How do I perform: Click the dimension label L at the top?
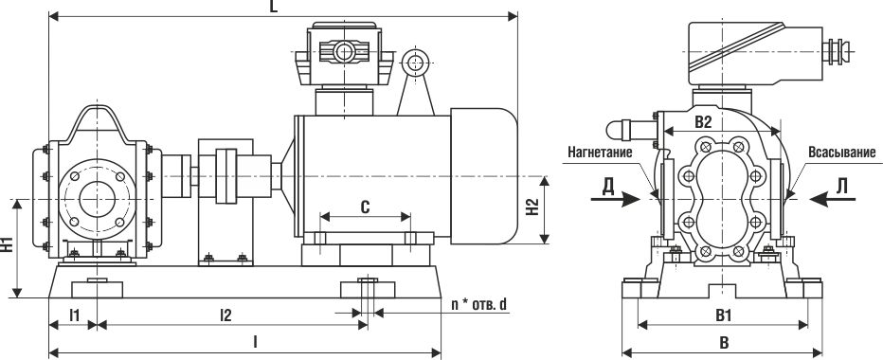(x=274, y=7)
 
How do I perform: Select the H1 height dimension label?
(x=7, y=245)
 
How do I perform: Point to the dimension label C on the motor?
(x=365, y=207)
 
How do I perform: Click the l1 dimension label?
(x=74, y=316)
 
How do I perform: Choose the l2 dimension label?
(x=225, y=316)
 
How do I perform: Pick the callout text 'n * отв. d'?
(x=479, y=305)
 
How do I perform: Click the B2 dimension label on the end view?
(x=704, y=121)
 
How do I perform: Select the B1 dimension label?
(x=723, y=316)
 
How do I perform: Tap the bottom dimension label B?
(x=724, y=343)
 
